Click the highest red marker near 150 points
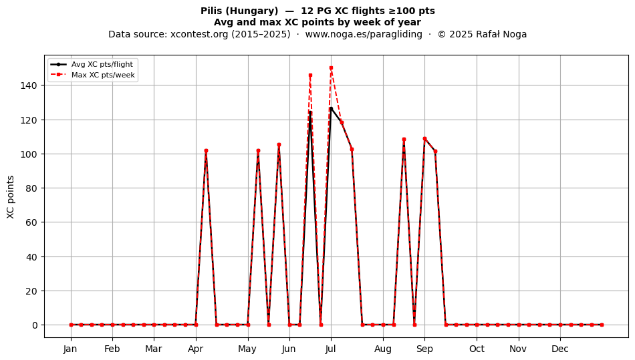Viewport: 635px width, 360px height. [332, 68]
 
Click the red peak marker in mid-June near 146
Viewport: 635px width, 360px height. [310, 75]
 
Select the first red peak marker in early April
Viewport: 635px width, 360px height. [206, 150]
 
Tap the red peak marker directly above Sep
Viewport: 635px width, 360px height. [425, 139]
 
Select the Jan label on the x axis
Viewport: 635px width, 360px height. [70, 349]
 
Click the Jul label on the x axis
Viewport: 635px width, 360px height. [331, 349]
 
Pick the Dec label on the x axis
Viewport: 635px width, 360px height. [561, 349]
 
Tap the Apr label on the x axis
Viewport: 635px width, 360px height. [196, 349]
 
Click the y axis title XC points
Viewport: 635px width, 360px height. [11, 197]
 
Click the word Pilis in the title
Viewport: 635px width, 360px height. [211, 11]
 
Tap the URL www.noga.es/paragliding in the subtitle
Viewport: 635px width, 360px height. [364, 34]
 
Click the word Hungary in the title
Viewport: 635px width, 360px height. [251, 11]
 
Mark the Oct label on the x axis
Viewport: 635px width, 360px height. [477, 349]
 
